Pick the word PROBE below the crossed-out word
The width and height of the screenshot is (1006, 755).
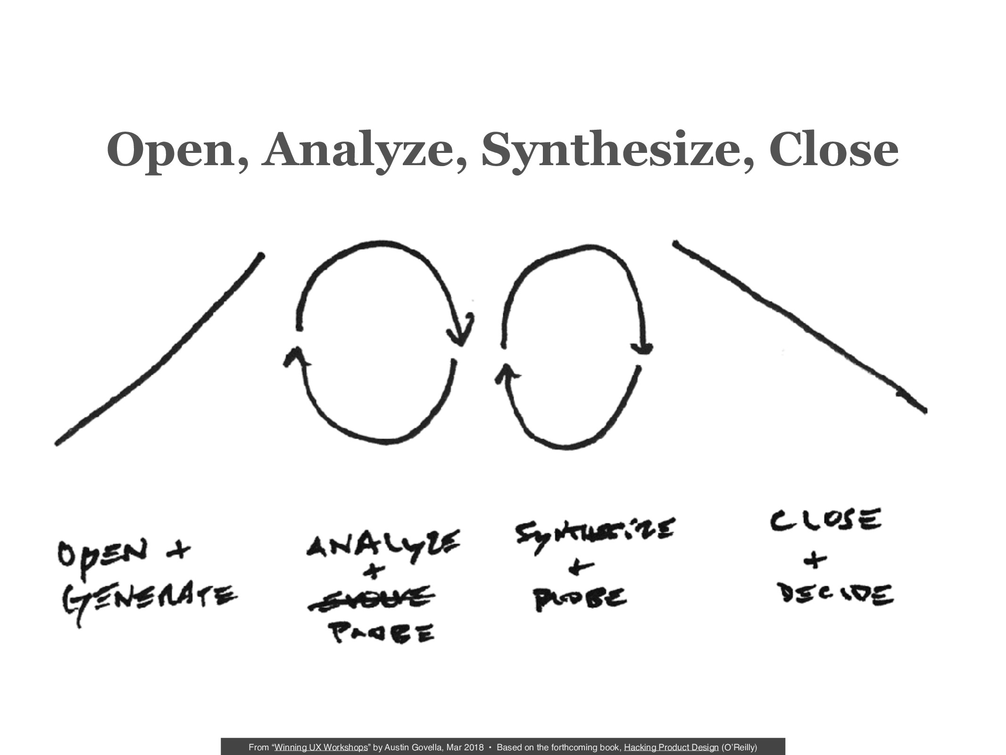[x=382, y=633]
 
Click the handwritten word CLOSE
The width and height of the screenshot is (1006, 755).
[x=825, y=520]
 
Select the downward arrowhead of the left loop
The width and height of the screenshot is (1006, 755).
[x=460, y=333]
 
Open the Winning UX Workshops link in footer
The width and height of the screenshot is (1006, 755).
[x=321, y=747]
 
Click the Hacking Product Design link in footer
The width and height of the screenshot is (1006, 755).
[x=671, y=747]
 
